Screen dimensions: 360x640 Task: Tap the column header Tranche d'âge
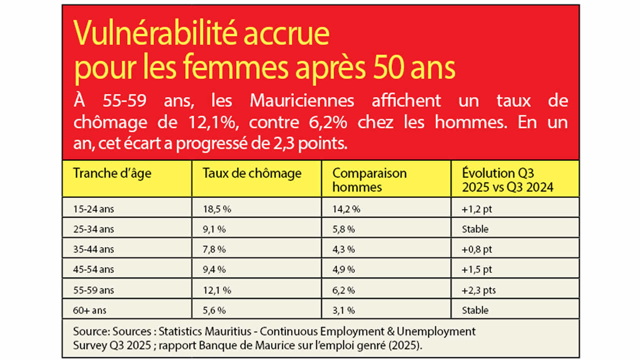112,173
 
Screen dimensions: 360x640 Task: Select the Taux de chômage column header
252,173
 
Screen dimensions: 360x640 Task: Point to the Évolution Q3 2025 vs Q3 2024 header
507,180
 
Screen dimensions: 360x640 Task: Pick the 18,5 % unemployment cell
216,209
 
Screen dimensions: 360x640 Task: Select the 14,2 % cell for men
346,209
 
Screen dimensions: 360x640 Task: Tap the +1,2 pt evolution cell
477,209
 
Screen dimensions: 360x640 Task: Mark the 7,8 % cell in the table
214,249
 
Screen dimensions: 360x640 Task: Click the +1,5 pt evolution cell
477,269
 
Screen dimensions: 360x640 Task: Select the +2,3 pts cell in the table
479,290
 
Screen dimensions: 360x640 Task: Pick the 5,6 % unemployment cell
214,310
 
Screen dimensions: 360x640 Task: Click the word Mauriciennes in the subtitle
301,101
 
